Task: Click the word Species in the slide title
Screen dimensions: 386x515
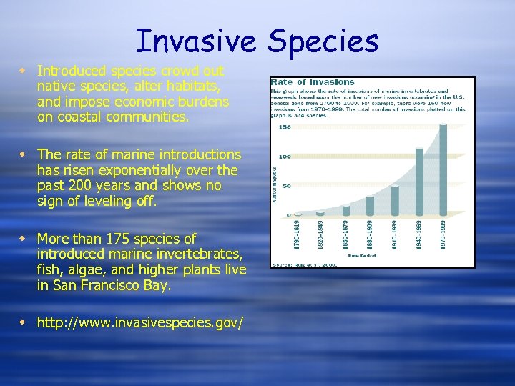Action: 323,42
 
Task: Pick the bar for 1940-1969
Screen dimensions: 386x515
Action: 420,182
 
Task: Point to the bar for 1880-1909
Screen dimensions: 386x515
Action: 370,206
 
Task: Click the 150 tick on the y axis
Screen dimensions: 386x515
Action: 285,128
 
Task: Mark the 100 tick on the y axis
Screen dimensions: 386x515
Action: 285,157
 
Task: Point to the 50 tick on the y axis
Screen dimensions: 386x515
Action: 287,186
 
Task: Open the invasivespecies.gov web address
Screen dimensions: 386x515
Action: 140,323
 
